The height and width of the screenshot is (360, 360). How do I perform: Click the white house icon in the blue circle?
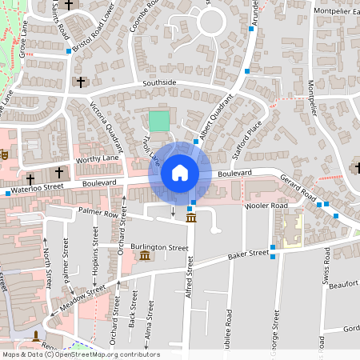click(180, 173)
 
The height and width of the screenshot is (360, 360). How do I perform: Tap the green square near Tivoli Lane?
click(159, 122)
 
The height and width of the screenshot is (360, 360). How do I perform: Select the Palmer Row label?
click(98, 214)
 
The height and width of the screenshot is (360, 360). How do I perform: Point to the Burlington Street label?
click(161, 248)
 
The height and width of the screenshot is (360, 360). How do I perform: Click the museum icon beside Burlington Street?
click(143, 255)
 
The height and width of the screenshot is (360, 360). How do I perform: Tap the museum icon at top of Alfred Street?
click(191, 218)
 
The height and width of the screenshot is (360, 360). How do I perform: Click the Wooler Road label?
click(266, 206)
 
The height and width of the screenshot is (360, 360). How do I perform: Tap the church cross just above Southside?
click(79, 82)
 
